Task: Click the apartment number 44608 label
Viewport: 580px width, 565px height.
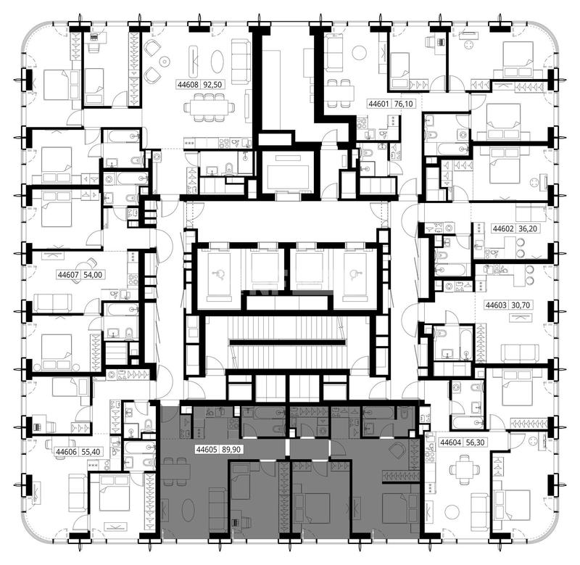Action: point(188,85)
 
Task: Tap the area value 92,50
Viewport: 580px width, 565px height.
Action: point(212,85)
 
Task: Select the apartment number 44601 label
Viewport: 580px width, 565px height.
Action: point(378,104)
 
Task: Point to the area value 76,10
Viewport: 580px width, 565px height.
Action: point(404,104)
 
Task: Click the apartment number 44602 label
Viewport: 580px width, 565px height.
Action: point(503,228)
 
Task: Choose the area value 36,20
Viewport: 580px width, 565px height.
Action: point(528,228)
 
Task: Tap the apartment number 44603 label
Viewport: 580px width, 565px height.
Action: point(496,305)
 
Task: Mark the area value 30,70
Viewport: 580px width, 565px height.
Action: point(521,305)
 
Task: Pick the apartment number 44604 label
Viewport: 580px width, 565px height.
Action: point(450,442)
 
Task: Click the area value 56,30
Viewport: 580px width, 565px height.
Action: point(475,442)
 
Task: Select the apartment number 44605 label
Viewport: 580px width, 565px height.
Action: point(207,450)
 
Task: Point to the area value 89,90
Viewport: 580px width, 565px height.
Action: point(231,450)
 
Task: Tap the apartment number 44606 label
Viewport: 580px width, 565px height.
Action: point(66,452)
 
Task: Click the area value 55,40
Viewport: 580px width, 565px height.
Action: point(91,452)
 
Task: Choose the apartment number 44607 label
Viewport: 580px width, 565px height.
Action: point(68,275)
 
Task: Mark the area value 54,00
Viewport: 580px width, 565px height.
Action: point(93,275)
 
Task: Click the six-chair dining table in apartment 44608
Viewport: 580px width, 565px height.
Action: point(210,107)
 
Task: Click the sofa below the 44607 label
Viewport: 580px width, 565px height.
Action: point(52,303)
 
